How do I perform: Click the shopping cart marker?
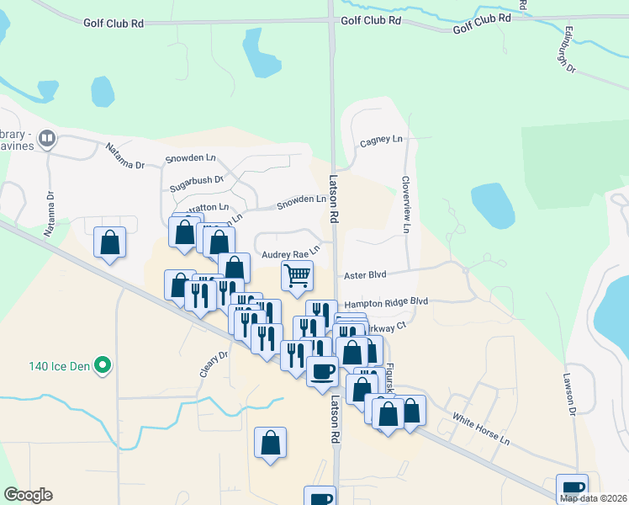tap(296, 275)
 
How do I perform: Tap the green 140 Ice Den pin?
tap(103, 365)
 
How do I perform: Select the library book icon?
tap(48, 137)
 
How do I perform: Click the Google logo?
tap(28, 495)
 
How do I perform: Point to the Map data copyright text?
tap(593, 498)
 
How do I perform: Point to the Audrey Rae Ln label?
tap(291, 252)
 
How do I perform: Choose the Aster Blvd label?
tap(364, 275)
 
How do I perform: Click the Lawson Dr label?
tap(569, 394)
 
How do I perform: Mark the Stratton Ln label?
tap(207, 207)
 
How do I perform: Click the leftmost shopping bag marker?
tap(109, 242)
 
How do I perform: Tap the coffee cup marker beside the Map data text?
tap(572, 488)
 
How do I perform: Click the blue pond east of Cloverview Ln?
tap(493, 206)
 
